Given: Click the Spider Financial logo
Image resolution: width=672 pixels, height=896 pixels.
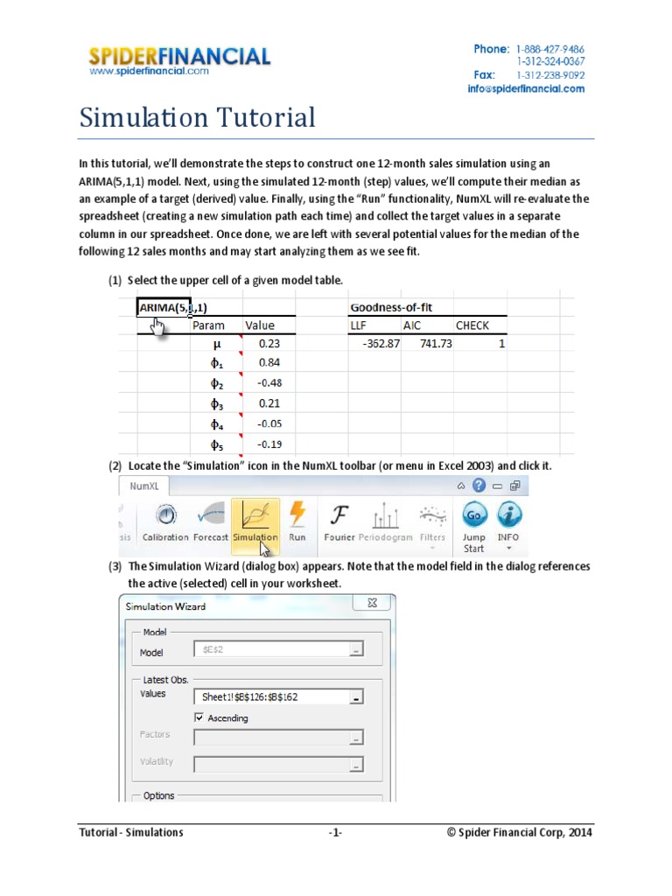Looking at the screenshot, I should coord(179,59).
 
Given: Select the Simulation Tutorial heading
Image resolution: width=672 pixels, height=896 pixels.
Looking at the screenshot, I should coord(197,117).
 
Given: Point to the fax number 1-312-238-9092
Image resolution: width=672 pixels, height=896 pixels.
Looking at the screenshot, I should coord(549,75).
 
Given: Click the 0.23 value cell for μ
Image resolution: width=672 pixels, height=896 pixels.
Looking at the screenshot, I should coord(269,344).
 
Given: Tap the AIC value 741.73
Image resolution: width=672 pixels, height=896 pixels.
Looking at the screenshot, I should coord(436,344).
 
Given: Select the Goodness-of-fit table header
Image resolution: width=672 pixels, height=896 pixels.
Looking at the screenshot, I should coord(390,307).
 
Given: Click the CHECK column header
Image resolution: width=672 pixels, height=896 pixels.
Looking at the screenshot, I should coord(472,325).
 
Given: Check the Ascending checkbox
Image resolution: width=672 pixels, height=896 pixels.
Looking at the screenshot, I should coord(199,718).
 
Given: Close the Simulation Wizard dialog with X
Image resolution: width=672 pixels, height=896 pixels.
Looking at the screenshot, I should coord(373,604).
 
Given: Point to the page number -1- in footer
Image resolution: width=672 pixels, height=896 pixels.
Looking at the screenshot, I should coord(335,833).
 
